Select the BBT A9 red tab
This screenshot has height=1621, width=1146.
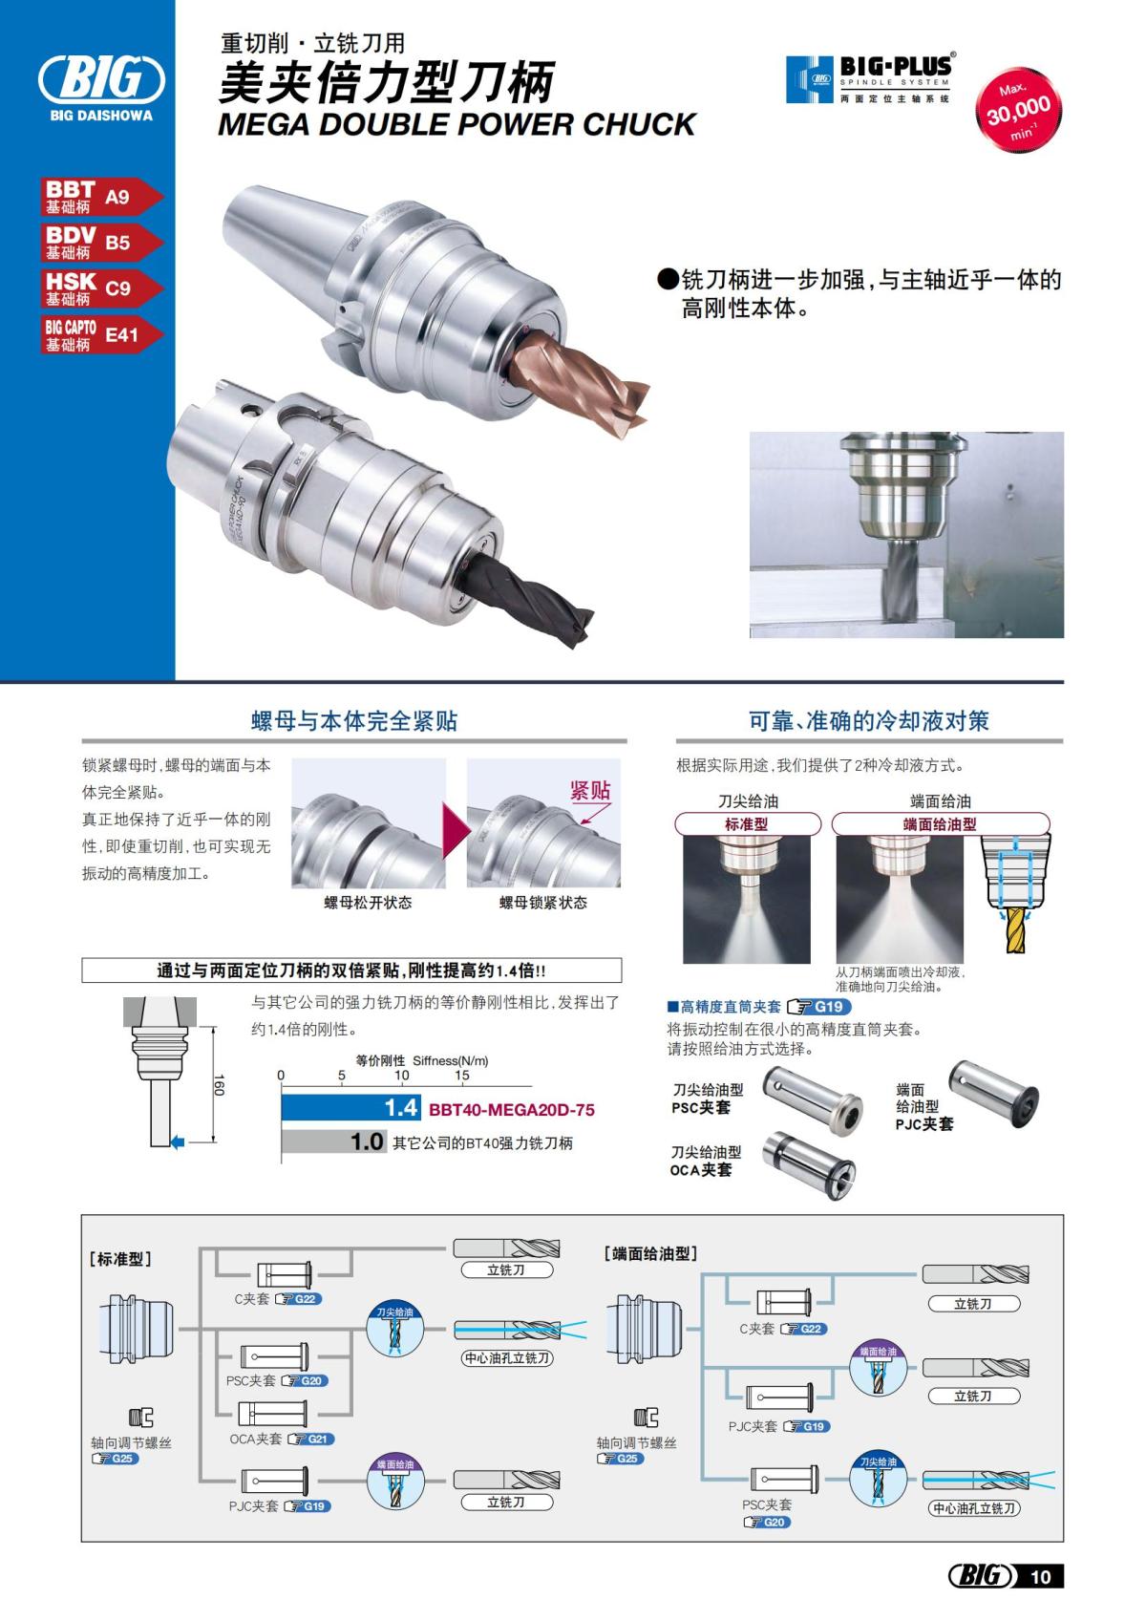[x=100, y=197]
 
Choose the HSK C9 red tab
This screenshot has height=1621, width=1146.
[x=100, y=288]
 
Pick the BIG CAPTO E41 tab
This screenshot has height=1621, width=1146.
[x=100, y=334]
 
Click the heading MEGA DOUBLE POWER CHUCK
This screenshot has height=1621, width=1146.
[x=456, y=124]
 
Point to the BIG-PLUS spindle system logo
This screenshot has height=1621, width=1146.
[x=869, y=78]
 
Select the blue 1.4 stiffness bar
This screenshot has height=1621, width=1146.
[x=350, y=1108]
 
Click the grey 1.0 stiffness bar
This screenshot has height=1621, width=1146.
[x=332, y=1141]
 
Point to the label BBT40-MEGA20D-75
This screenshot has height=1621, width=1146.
[x=512, y=1110]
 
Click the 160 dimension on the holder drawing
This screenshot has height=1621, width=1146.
[x=219, y=1085]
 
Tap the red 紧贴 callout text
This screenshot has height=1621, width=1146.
[x=589, y=791]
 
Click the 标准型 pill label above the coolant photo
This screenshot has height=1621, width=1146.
[x=747, y=824]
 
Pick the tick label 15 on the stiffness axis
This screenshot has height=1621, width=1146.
[x=462, y=1076]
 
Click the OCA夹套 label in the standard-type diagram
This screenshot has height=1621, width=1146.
[x=256, y=1440]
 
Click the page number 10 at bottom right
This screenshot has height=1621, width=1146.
[x=1040, y=1577]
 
